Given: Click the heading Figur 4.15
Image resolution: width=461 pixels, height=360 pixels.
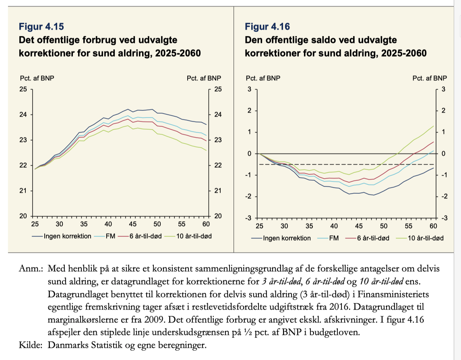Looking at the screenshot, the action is tap(41, 27).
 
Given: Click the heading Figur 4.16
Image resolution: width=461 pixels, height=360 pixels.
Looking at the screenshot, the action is tap(267, 27).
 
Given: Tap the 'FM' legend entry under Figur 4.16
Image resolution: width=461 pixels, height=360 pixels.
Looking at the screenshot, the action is tap(329, 238).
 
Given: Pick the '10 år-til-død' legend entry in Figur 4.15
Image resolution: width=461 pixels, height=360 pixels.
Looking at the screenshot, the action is tap(188, 236).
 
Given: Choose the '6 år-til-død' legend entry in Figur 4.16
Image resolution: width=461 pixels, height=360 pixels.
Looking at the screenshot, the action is tap(368, 238).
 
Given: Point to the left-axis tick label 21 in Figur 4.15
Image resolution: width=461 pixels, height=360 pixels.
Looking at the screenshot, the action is tap(23, 190).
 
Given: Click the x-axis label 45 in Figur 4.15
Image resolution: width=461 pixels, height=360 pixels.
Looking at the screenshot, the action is tap(132, 224).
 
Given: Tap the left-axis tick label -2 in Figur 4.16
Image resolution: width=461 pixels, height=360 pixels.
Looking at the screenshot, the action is tap(249, 197).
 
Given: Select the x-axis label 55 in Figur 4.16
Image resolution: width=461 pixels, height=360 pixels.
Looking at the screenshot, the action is tap(408, 226).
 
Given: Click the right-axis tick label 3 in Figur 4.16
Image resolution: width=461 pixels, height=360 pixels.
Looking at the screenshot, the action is tap(443, 89).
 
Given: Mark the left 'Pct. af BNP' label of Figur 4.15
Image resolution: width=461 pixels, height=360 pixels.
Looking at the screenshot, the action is tap(37, 78).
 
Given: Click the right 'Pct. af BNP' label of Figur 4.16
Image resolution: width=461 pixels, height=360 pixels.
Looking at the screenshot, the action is tap(430, 78).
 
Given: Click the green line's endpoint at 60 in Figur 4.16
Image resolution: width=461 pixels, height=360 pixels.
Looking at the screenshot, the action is tap(434, 126).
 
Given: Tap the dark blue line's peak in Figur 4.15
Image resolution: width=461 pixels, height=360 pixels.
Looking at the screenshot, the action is tap(128, 109).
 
